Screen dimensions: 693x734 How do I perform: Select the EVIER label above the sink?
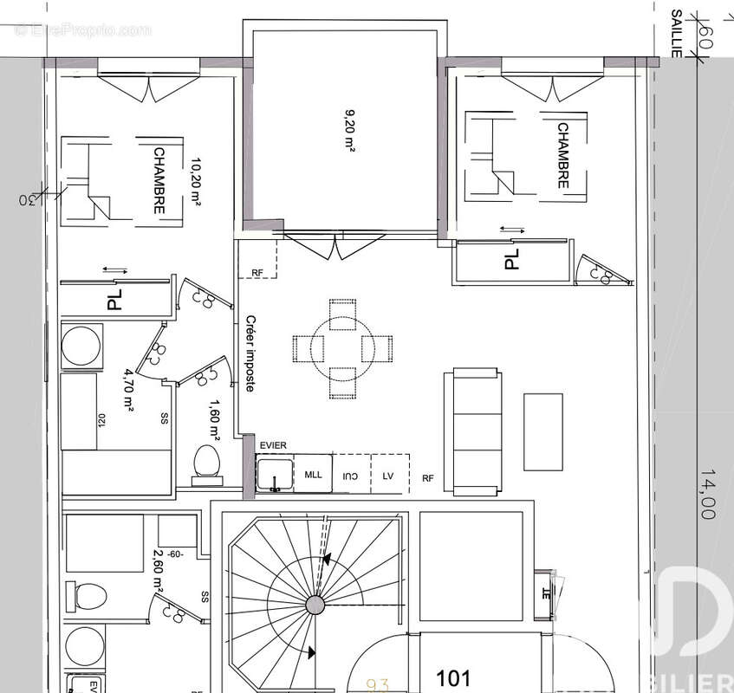click(x=273, y=446)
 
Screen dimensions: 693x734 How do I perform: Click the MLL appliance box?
click(x=313, y=476)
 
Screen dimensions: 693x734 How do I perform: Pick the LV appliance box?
click(x=387, y=476)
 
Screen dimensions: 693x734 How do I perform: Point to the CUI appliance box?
click(x=351, y=476)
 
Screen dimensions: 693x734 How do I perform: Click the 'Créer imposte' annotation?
click(x=250, y=353)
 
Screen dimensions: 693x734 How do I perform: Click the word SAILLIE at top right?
click(x=677, y=33)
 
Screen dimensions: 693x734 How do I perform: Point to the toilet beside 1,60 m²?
click(x=206, y=460)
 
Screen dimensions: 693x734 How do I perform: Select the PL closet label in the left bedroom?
click(x=114, y=300)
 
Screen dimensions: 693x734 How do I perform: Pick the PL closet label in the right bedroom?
click(x=511, y=259)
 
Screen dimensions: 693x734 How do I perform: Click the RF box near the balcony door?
click(x=257, y=273)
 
